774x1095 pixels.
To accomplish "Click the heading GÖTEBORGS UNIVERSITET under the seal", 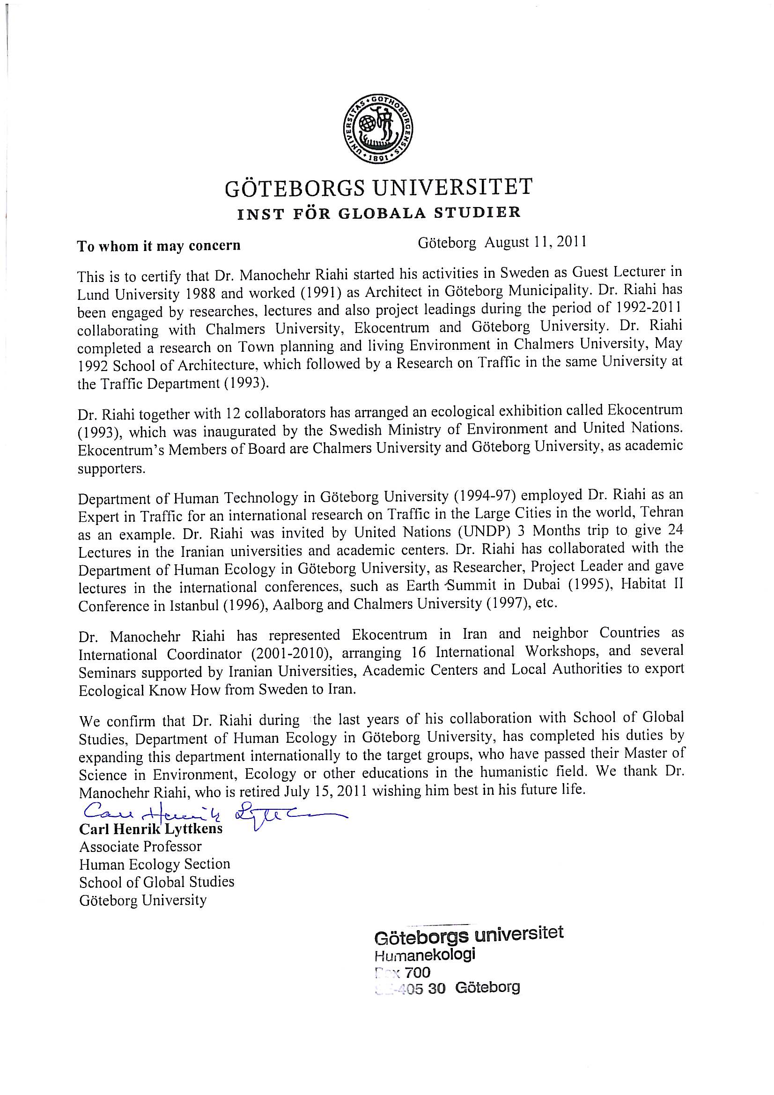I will (x=378, y=187).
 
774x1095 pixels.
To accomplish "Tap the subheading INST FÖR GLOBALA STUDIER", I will (x=379, y=213).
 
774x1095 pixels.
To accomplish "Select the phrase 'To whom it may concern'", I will (x=159, y=246).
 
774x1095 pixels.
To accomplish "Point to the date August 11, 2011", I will (x=535, y=242).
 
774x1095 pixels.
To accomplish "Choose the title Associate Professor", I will (x=140, y=846).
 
